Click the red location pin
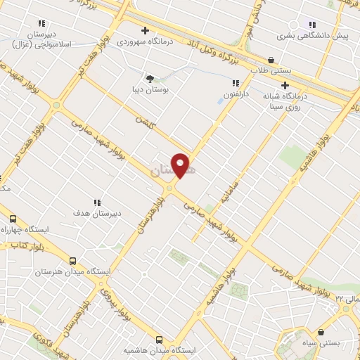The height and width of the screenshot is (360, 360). pyautogui.click(x=181, y=165)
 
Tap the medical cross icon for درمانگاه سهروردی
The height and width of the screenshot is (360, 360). pyautogui.click(x=145, y=30)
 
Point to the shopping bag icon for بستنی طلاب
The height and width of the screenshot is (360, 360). pyautogui.click(x=271, y=60)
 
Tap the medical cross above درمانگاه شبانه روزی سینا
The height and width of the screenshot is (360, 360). pyautogui.click(x=285, y=85)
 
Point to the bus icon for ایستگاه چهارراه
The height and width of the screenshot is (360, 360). pyautogui.click(x=12, y=219)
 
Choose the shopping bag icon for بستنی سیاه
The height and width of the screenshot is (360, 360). pyautogui.click(x=321, y=332)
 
